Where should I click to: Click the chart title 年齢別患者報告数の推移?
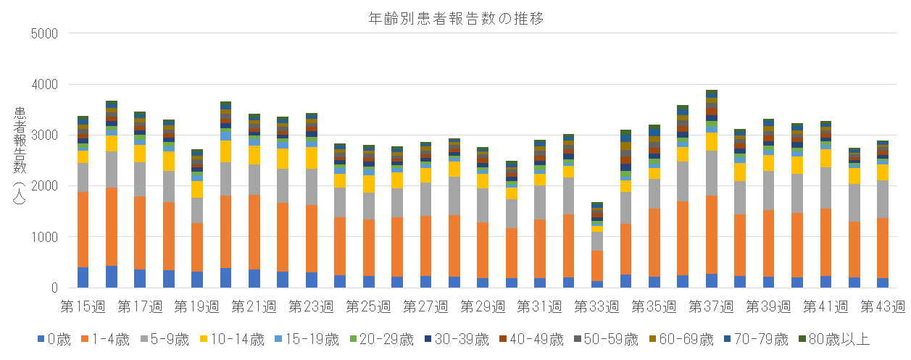pyautogui.click(x=456, y=19)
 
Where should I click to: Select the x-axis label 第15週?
pyautogui.click(x=83, y=306)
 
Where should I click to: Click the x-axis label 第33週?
pyautogui.click(x=596, y=306)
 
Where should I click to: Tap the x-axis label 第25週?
pyautogui.click(x=368, y=306)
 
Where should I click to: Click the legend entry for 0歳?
pyautogui.click(x=54, y=339)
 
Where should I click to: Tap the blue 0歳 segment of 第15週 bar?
pyautogui.click(x=83, y=277)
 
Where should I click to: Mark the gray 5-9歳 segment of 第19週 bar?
pyautogui.click(x=197, y=210)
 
